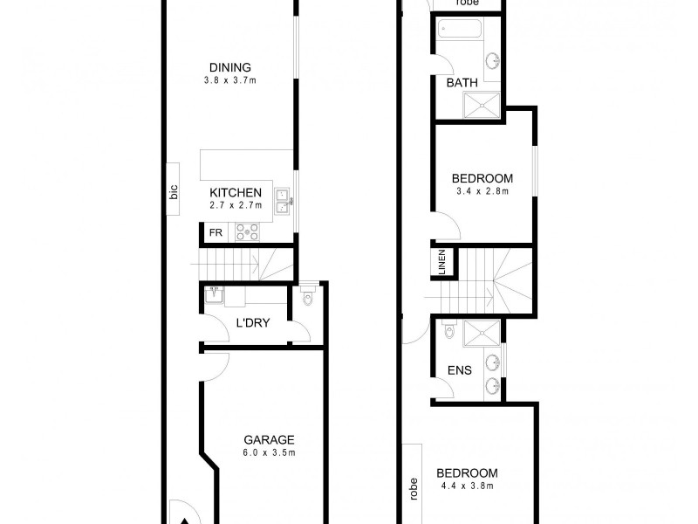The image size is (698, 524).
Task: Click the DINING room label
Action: (230, 67)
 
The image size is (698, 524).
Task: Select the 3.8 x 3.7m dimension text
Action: (230, 80)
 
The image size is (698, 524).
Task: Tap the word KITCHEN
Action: (236, 193)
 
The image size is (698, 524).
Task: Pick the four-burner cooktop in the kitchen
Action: (247, 231)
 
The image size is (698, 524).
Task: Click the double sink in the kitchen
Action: (282, 202)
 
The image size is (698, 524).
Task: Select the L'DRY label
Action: (253, 323)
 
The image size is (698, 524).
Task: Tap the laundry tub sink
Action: (213, 296)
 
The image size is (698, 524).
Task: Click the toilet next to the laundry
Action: (305, 298)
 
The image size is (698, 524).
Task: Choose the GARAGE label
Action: (269, 440)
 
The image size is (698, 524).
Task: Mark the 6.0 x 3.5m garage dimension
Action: (269, 453)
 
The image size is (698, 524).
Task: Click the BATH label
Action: (462, 83)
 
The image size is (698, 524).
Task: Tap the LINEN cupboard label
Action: (442, 261)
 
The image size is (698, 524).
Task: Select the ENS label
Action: (460, 370)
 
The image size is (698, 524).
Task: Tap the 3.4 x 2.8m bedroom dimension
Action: (482, 190)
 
